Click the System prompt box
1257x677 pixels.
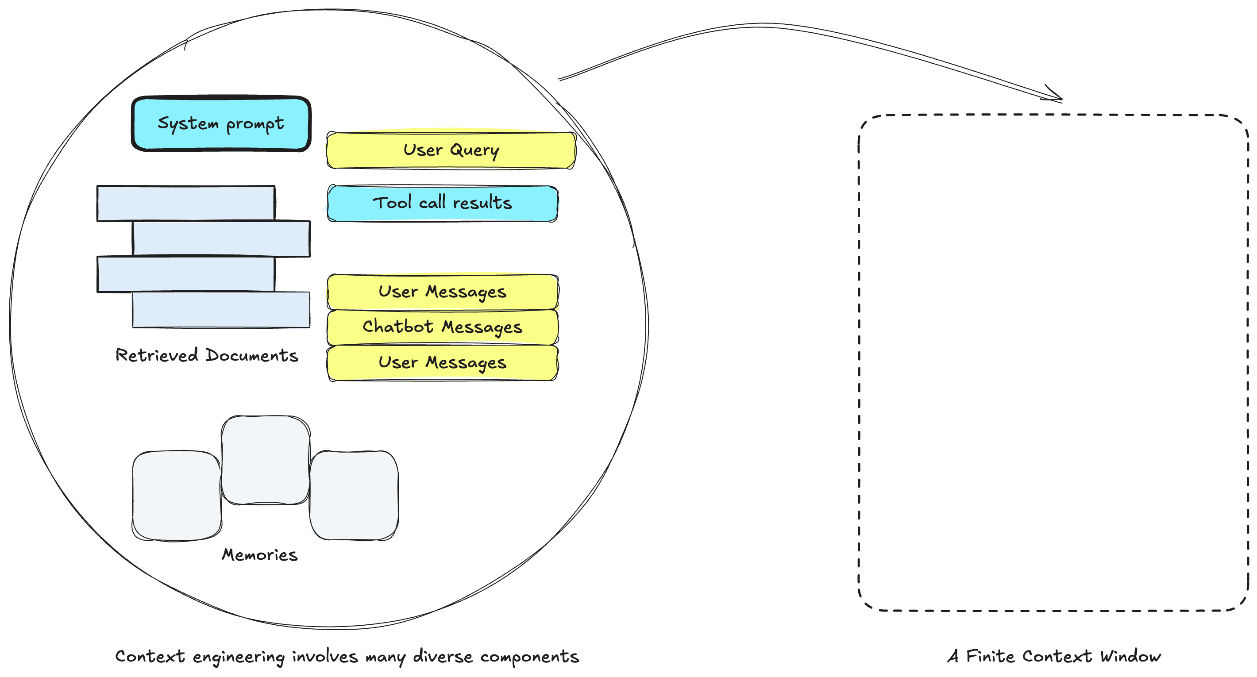pos(220,123)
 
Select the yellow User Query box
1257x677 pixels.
pos(451,150)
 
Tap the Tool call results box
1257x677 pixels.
pos(442,203)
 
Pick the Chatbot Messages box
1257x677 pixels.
pos(442,327)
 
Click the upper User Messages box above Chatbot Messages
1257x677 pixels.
pos(442,292)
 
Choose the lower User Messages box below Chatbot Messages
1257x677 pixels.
pos(442,362)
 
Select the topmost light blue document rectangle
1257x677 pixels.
pos(185,203)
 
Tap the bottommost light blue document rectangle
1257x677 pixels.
pos(220,310)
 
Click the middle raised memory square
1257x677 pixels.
pos(266,459)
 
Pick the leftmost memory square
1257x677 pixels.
pos(177,495)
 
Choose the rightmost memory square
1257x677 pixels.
pos(354,495)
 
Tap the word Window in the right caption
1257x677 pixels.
pos(1130,657)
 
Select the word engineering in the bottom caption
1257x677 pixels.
pos(239,657)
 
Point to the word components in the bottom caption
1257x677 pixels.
pos(529,657)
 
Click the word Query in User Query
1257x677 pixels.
pos(474,150)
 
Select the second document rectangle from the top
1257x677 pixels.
pos(220,238)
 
